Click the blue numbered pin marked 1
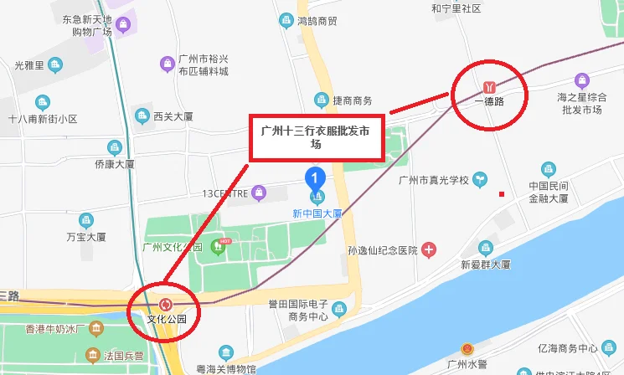314,178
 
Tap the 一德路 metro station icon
489,86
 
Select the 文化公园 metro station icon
165,305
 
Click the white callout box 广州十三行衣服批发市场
317,137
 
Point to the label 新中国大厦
317,213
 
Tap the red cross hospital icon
429,249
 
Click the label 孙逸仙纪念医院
383,250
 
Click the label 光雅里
29,64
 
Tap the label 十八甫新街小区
43,119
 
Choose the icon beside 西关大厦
142,116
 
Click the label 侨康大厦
115,164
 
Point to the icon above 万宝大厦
85,221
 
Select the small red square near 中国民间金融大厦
502,194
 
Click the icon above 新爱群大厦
485,248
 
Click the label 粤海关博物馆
225,368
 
